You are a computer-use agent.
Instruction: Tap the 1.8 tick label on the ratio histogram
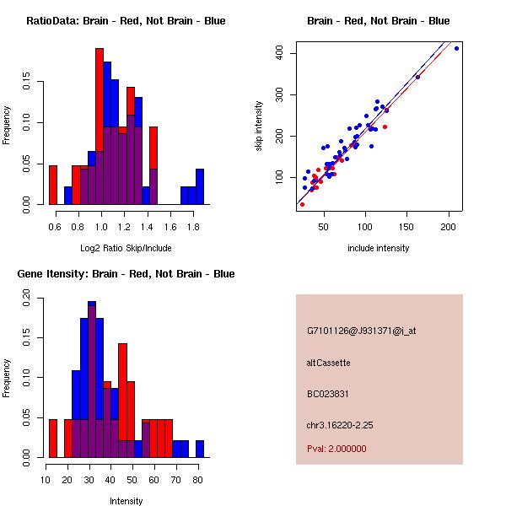[193, 227]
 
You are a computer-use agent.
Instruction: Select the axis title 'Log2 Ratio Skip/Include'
[126, 247]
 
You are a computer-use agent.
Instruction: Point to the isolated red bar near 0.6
[53, 185]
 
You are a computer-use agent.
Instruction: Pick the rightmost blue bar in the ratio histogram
[200, 186]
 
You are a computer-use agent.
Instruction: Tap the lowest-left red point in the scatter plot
[302, 204]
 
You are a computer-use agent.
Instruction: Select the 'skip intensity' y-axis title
[259, 126]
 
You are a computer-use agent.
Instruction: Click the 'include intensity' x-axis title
[378, 248]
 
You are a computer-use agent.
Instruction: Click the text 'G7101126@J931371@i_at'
[361, 331]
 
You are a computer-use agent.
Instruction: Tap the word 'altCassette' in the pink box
[329, 363]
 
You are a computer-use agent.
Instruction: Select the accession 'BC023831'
[329, 394]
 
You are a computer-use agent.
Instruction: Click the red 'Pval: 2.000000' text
[336, 449]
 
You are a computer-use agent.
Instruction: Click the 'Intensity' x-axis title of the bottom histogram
[126, 501]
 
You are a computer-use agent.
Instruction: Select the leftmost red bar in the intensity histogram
[53, 438]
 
